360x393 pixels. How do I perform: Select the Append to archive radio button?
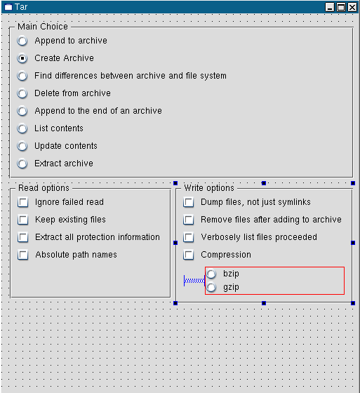[22, 41]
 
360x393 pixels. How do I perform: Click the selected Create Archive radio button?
[22, 58]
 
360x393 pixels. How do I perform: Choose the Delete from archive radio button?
[22, 93]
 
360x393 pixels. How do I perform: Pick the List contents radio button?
[22, 128]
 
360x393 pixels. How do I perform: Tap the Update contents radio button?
[22, 146]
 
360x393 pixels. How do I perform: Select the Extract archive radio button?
[22, 164]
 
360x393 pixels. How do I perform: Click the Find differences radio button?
[22, 76]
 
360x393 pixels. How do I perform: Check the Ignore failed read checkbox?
[23, 202]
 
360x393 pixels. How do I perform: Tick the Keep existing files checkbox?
[23, 220]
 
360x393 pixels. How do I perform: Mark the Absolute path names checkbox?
[23, 255]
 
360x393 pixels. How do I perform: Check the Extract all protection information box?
[23, 237]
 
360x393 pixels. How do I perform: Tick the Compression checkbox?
[189, 255]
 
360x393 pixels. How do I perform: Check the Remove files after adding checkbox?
[189, 220]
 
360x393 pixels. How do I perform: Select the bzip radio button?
[211, 274]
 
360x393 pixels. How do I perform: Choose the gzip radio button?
[211, 287]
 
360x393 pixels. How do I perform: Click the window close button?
[352, 7]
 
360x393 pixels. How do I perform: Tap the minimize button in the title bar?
[330, 7]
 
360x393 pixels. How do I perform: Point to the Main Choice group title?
[43, 27]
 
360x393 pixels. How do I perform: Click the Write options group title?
[209, 188]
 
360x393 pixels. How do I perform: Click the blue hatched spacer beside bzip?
[194, 281]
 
